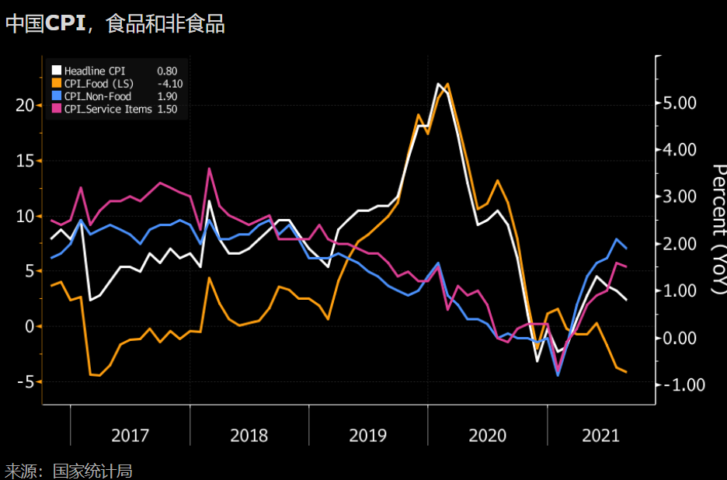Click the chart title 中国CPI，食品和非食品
pos(115,24)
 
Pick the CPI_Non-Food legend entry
pos(98,96)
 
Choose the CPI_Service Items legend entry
pos(108,109)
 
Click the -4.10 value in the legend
pos(169,84)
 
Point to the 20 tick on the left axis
pos(25,106)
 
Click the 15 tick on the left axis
pos(25,161)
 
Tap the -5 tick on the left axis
pos(26,381)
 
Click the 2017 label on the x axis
pos(130,435)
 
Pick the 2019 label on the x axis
pos(368,435)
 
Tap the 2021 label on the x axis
pos(601,435)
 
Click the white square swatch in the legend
pos(55,71)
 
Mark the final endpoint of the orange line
pos(626,372)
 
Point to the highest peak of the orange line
pos(447,83)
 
